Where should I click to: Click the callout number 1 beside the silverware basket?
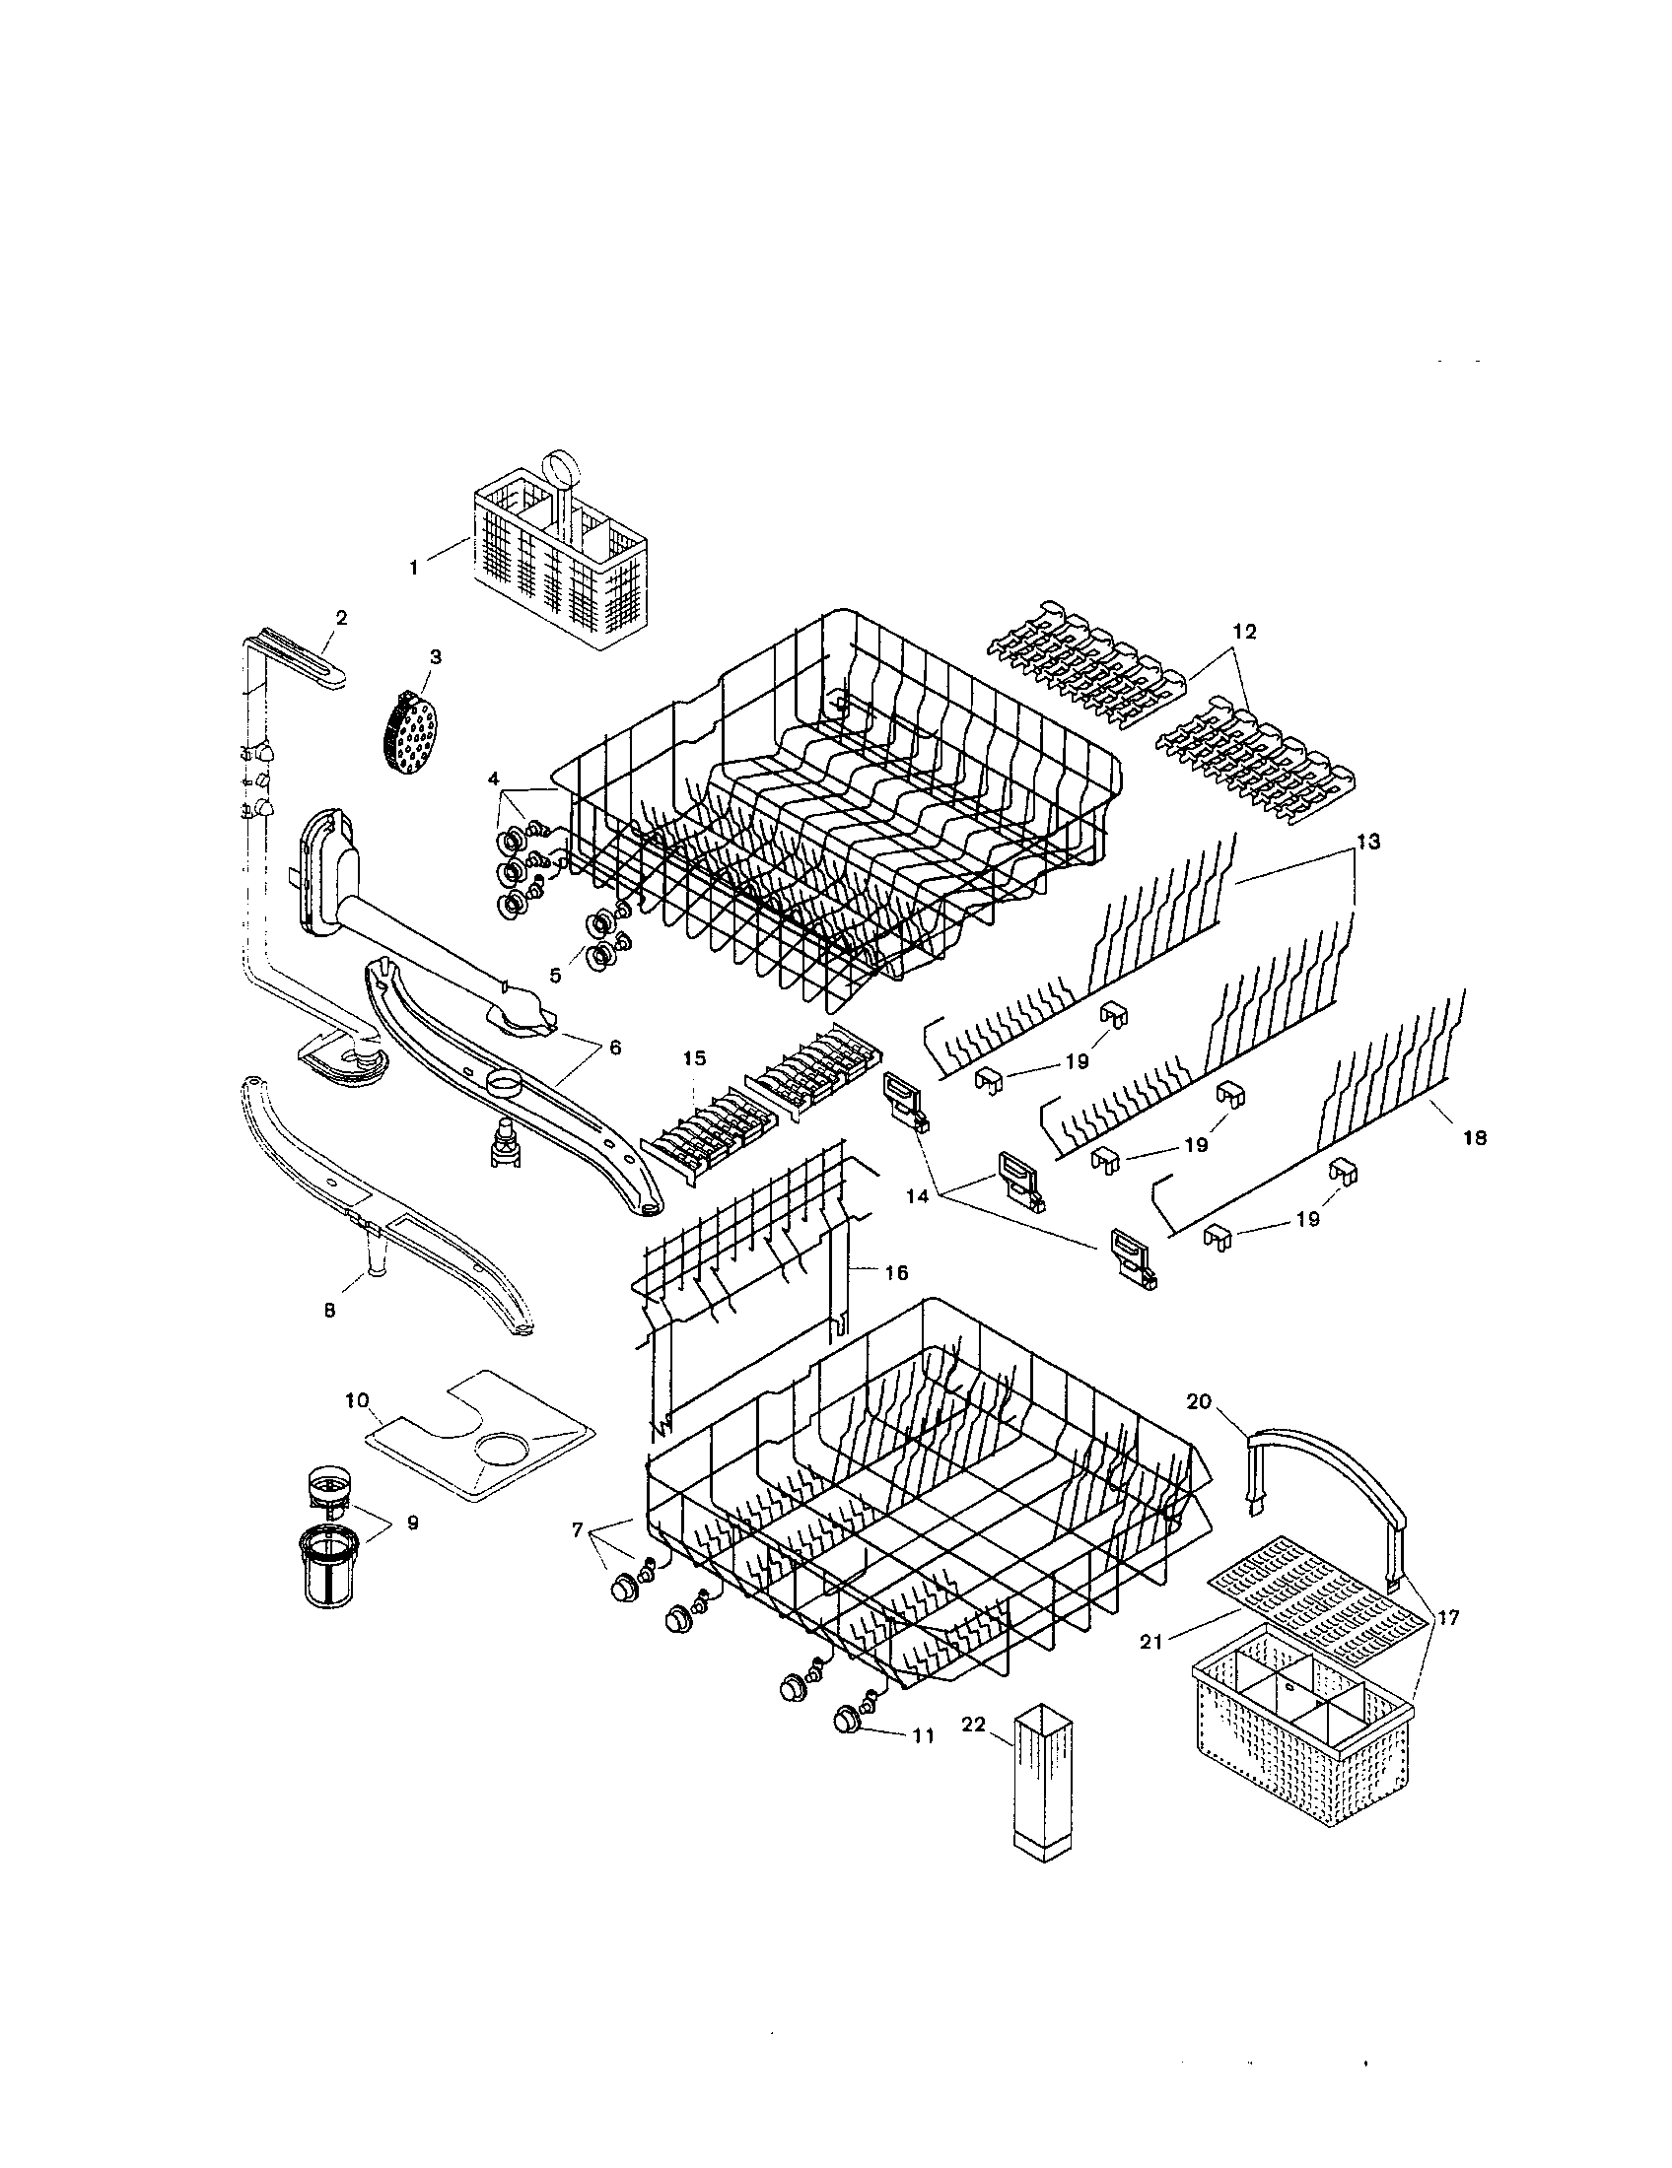(413, 567)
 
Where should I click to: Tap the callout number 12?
(1244, 632)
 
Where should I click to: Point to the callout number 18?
(1475, 1138)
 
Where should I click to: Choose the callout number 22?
(973, 1725)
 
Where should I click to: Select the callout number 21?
(1149, 1643)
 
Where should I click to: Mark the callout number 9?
(412, 1523)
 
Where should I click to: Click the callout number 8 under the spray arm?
(329, 1311)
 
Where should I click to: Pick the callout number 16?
(895, 1272)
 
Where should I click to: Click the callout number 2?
(340, 618)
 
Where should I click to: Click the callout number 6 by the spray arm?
(614, 1048)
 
